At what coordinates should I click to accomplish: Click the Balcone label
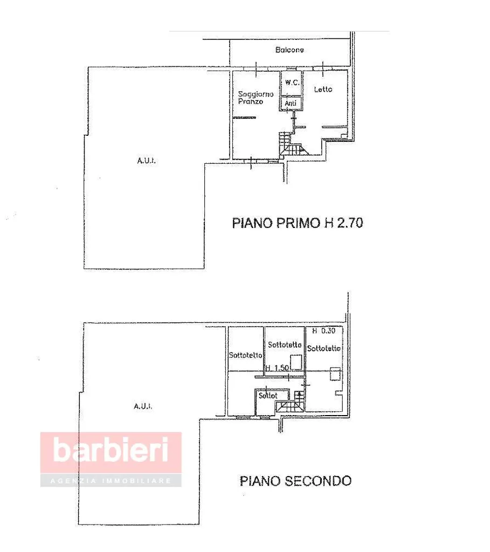pyautogui.click(x=289, y=50)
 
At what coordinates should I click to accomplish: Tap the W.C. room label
pyautogui.click(x=292, y=82)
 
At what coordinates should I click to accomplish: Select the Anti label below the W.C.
pyautogui.click(x=291, y=103)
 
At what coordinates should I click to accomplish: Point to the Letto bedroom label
pyautogui.click(x=323, y=89)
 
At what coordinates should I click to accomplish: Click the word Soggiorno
pyautogui.click(x=256, y=94)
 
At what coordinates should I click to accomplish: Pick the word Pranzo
pyautogui.click(x=250, y=101)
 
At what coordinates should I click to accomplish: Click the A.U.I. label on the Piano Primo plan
pyautogui.click(x=146, y=161)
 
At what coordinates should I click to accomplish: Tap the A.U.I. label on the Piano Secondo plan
pyautogui.click(x=143, y=406)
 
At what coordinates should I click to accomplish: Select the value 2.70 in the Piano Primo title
pyautogui.click(x=350, y=223)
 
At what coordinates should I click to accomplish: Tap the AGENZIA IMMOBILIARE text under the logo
pyautogui.click(x=111, y=480)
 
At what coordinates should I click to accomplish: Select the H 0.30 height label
pyautogui.click(x=323, y=330)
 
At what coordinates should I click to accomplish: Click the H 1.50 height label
pyautogui.click(x=278, y=368)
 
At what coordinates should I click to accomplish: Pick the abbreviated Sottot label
pyautogui.click(x=268, y=395)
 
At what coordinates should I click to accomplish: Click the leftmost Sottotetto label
pyautogui.click(x=245, y=355)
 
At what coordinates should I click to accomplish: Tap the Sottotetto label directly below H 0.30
pyautogui.click(x=324, y=348)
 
